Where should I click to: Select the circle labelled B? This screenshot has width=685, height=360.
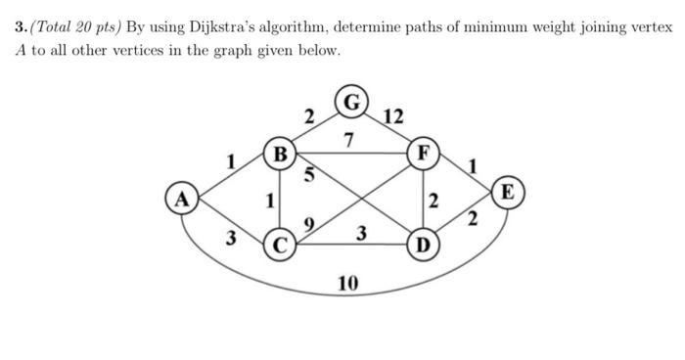(281, 154)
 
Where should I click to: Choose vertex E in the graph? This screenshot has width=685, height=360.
(509, 190)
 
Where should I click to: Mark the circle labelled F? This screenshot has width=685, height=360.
(423, 154)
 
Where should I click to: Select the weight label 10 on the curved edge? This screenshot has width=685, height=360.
(347, 284)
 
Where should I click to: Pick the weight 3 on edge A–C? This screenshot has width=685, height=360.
(230, 238)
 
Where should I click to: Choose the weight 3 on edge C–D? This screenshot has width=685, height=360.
(361, 234)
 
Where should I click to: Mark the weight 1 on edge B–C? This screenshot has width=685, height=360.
(269, 201)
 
